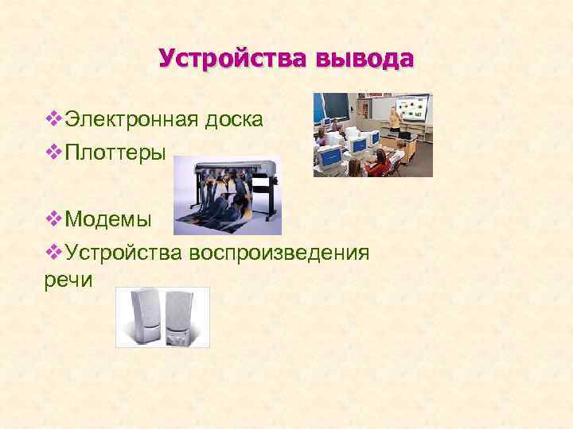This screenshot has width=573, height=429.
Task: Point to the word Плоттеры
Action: (116, 153)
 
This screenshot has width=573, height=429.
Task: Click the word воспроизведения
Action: (279, 253)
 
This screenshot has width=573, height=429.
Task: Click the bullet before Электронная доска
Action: (53, 119)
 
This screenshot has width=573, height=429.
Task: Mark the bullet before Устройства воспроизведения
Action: (53, 253)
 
